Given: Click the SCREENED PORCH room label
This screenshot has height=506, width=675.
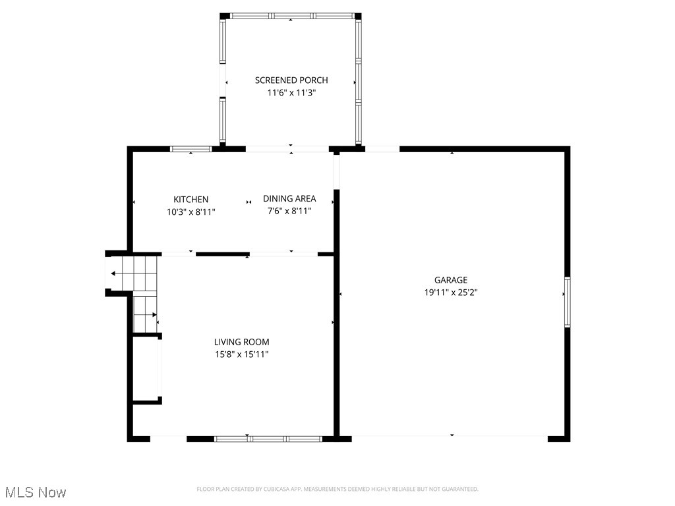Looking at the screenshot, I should point(291,80).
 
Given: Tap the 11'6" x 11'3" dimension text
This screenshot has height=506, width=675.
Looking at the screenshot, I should point(291,93).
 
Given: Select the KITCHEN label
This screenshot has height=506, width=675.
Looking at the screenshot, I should point(191,200).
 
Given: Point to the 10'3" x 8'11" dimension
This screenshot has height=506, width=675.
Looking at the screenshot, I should point(191,212).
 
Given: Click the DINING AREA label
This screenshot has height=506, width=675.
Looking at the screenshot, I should point(289,198).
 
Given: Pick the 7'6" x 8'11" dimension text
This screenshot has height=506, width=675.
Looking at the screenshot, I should point(289,211).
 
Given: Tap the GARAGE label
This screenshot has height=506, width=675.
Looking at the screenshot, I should point(451,280).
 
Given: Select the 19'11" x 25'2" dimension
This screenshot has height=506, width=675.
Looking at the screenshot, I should point(451,293).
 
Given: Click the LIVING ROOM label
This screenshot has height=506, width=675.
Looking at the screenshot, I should point(242,342).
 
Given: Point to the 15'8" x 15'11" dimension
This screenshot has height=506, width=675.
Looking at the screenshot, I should point(242,354).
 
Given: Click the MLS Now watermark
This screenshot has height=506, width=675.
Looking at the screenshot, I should point(36,492).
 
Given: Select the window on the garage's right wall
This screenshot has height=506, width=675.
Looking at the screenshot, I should point(567,302).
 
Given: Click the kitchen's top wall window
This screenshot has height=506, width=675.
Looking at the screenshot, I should point(191,149).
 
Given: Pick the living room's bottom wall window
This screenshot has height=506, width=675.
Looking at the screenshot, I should point(268,438).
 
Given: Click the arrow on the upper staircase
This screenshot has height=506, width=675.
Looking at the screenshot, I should point(115,273).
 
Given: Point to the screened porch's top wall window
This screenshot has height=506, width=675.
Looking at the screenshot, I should point(291,15).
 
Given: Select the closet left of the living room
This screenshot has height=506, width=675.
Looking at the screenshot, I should point(146,369).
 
